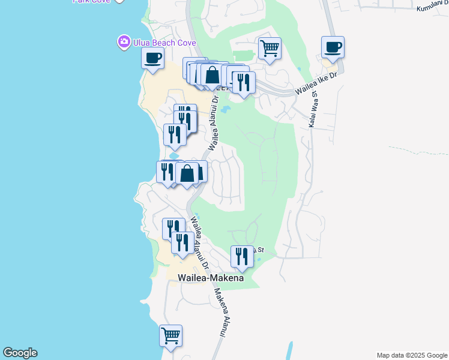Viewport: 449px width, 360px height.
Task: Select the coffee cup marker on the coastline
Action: click(x=152, y=59)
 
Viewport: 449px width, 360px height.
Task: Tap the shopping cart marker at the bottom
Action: click(x=170, y=335)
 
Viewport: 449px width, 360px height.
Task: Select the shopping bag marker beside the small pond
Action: click(x=187, y=173)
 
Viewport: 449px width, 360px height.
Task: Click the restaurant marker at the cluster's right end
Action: click(x=244, y=82)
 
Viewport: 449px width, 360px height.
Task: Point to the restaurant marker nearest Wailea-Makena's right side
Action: click(x=242, y=256)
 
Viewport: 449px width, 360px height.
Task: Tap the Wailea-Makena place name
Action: click(x=211, y=278)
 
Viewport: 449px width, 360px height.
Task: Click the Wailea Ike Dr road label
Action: click(x=316, y=83)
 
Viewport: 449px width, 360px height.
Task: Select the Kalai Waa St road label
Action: click(x=313, y=114)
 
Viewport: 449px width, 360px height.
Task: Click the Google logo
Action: click(x=20, y=353)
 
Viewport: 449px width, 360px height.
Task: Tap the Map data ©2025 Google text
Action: click(x=412, y=355)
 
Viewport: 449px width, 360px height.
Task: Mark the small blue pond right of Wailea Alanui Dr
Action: click(x=225, y=110)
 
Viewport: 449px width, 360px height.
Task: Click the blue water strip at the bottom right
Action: click(x=289, y=351)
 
